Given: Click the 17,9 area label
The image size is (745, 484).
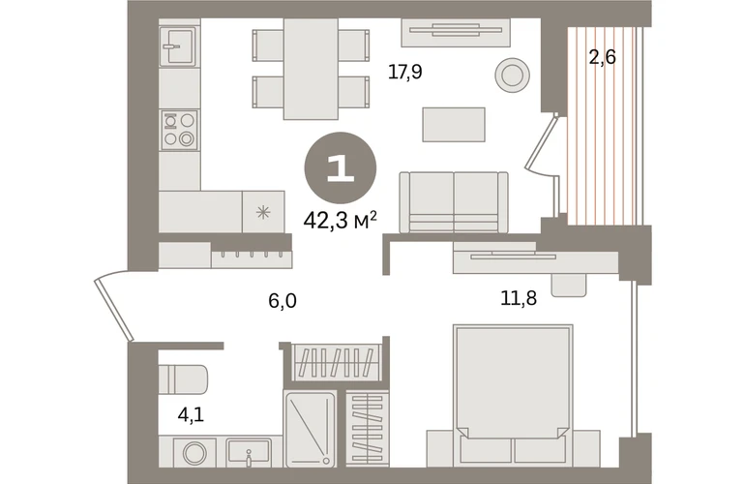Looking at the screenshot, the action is tap(404, 73).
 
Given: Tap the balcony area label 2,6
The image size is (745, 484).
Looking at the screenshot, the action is tap(602, 57).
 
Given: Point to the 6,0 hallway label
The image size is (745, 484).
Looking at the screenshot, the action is tap(283, 301).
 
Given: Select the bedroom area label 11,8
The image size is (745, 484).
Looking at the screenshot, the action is tap(519, 298).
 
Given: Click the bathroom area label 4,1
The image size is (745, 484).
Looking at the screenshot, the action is tap(191, 415).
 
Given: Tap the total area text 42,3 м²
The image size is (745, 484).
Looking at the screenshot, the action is tap(341, 220).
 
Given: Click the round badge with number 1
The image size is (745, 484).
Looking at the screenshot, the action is tap(341, 168).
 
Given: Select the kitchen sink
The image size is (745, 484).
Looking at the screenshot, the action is tap(178, 46).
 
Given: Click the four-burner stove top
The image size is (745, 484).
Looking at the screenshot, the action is tap(179, 130).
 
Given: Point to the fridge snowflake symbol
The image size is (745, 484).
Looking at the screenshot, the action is tap(263, 212).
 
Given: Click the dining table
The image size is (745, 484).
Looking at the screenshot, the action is tap(311, 69).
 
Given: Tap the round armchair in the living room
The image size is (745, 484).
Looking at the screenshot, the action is tap(512, 75).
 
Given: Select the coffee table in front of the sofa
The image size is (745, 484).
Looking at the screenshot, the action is tap(454, 125).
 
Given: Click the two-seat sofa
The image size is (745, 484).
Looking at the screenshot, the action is tap(454, 202).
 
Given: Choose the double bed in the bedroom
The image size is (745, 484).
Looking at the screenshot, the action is tap(513, 396).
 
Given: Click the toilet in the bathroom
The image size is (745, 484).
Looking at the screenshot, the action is tap(184, 379).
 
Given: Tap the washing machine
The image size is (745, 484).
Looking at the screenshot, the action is tap(194, 452).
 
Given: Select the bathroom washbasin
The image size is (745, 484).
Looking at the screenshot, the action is tap(248, 452).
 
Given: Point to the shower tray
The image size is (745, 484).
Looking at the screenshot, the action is tap(310, 429).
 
